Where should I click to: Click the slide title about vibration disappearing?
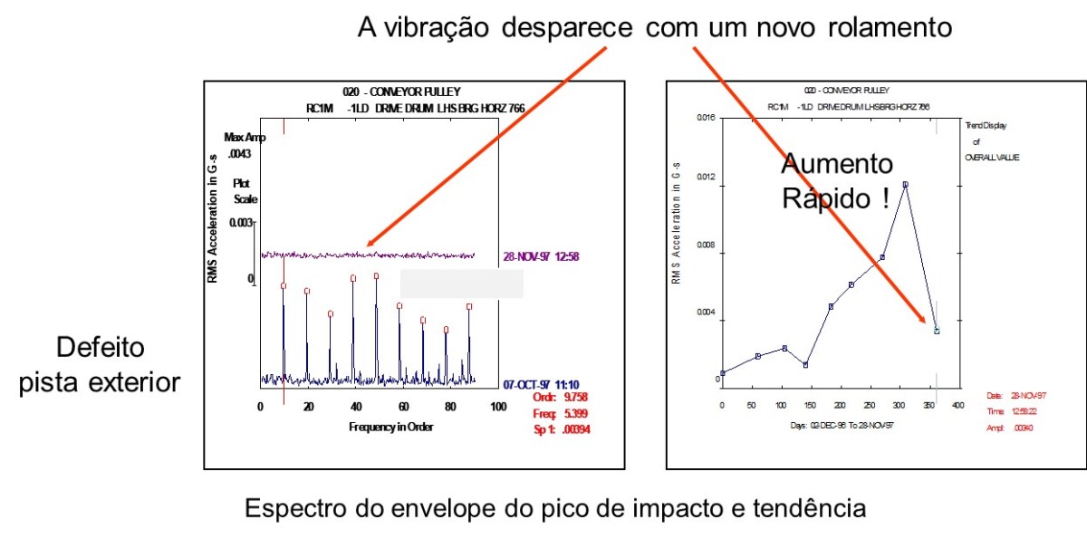[x=655, y=27]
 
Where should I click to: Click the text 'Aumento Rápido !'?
[x=836, y=181]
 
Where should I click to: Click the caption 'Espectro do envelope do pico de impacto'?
[x=554, y=508]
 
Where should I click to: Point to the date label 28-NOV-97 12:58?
[x=541, y=256]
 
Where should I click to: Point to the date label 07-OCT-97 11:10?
[x=541, y=385]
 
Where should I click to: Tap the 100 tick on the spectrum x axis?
[x=497, y=407]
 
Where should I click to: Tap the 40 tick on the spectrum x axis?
[x=355, y=407]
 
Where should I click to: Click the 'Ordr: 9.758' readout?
[x=563, y=397]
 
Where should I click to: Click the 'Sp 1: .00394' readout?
[x=563, y=429]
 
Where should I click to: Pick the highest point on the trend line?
[x=904, y=185]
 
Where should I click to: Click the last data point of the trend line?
[x=937, y=331]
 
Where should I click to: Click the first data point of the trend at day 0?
[x=722, y=372]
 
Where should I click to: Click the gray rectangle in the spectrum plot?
[x=461, y=284]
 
